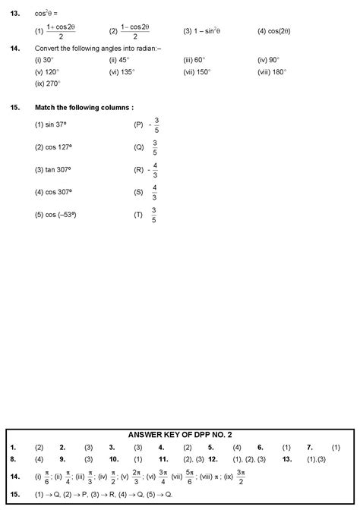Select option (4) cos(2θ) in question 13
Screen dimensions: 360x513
pyautogui.click(x=274, y=31)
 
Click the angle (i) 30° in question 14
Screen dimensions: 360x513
pyautogui.click(x=44, y=59)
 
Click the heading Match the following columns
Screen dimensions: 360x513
pyautogui.click(x=79, y=108)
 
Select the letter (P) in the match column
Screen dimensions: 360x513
pyautogui.click(x=138, y=124)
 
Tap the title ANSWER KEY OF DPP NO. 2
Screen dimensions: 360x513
pyautogui.click(x=180, y=435)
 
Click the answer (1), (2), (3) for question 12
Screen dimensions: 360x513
pyautogui.click(x=248, y=458)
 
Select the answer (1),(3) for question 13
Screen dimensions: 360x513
pyautogui.click(x=316, y=458)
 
